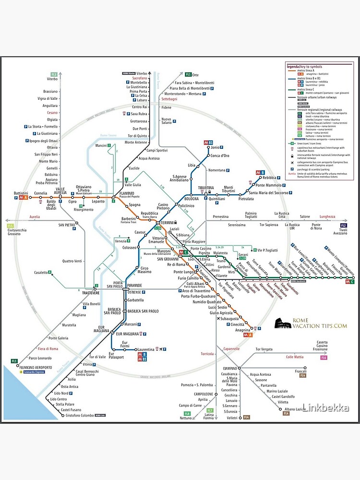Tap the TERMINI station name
tap(167, 223)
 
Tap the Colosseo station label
tap(129, 248)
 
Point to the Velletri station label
tap(232, 418)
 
